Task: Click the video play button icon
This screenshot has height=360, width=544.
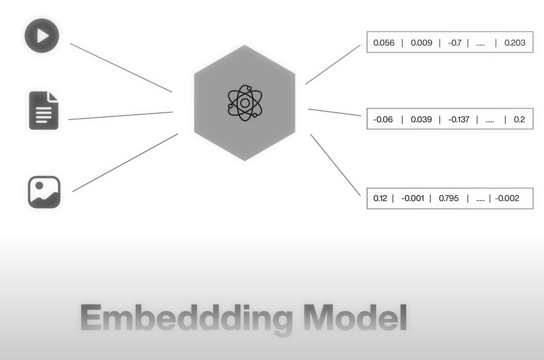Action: (x=42, y=36)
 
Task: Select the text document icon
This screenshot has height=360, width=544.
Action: (x=44, y=111)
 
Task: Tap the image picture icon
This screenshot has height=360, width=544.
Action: (x=44, y=192)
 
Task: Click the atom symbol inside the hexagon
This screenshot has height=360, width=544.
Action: (x=245, y=103)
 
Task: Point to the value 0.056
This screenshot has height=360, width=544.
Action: (x=384, y=43)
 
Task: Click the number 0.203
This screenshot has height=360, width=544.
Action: (x=515, y=43)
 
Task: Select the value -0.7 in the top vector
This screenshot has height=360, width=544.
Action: (x=455, y=43)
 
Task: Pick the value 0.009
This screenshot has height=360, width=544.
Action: (x=421, y=43)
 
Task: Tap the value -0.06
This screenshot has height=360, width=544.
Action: (x=383, y=119)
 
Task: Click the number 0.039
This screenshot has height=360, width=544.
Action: (x=421, y=119)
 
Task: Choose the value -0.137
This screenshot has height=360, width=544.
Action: (x=459, y=119)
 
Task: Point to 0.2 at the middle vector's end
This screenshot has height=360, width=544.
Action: (x=519, y=119)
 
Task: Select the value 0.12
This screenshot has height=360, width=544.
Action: (x=380, y=198)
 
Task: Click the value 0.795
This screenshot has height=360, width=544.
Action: (x=449, y=198)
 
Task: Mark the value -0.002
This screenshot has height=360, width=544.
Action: (x=507, y=198)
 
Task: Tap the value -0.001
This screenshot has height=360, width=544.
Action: (x=412, y=198)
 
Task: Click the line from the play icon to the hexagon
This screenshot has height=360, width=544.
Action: (x=121, y=68)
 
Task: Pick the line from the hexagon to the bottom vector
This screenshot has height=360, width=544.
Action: (x=336, y=165)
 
